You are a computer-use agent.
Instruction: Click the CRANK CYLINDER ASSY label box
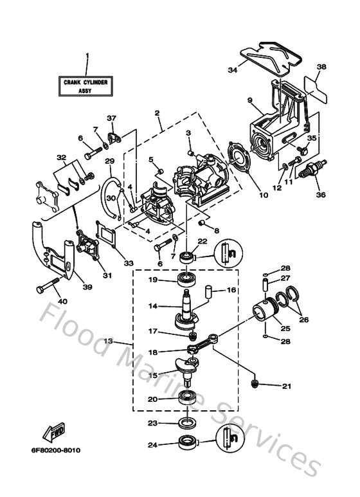tap(85, 87)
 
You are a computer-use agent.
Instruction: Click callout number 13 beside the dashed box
tap(108, 341)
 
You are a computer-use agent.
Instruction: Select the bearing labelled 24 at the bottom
tap(188, 443)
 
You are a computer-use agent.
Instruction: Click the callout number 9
tap(250, 100)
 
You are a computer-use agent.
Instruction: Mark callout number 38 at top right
tap(321, 66)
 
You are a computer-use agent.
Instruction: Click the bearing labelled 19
tap(188, 280)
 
